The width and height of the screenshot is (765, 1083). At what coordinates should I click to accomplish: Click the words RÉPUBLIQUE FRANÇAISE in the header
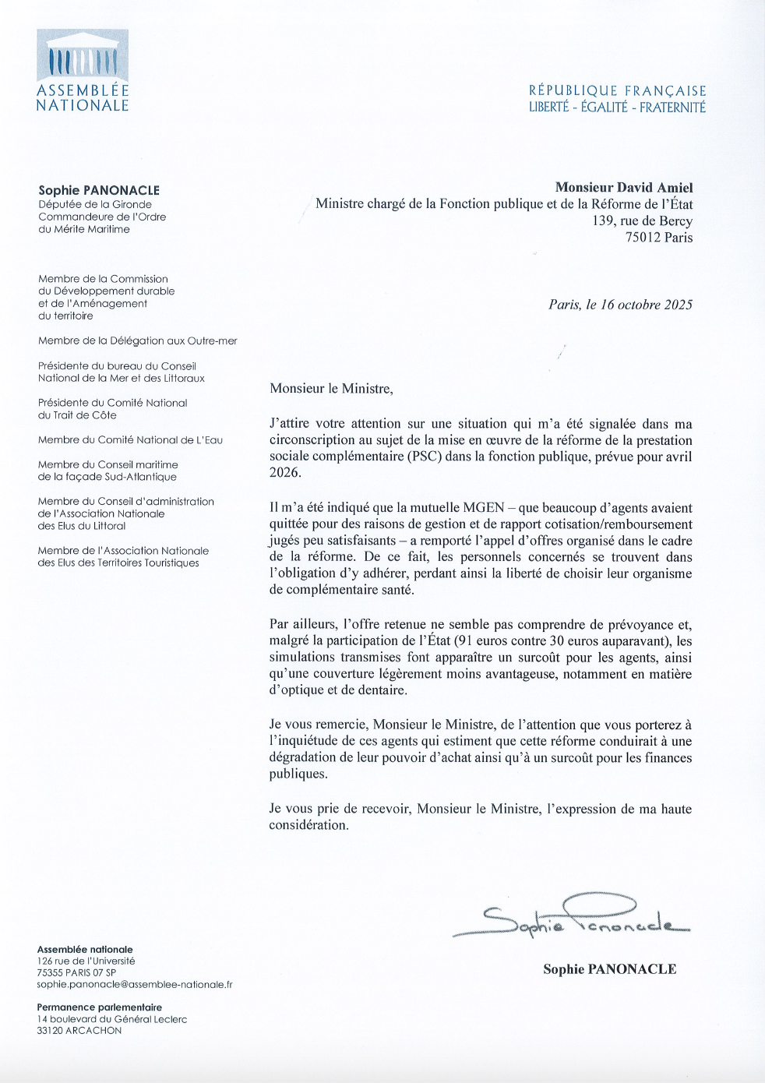point(617,91)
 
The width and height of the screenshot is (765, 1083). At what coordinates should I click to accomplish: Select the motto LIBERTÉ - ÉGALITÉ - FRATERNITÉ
point(617,108)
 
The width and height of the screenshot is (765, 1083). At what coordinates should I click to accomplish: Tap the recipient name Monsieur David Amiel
point(623,188)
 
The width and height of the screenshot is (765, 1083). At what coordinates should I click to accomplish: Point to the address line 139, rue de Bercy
point(642,220)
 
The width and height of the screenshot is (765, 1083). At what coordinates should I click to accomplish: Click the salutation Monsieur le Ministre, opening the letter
point(331,388)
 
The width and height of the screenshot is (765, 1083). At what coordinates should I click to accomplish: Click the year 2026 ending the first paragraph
point(284,472)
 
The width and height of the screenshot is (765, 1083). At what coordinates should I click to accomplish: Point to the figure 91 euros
point(490,641)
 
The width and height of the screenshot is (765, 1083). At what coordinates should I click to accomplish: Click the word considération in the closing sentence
point(308,825)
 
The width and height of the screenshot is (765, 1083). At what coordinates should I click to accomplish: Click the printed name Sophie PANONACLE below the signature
point(609,969)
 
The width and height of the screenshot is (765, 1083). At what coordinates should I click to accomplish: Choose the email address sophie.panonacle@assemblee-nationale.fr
point(135,985)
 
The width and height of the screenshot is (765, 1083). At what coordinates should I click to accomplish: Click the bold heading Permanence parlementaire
point(99,1007)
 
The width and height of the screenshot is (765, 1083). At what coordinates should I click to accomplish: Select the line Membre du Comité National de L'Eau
point(130,440)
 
